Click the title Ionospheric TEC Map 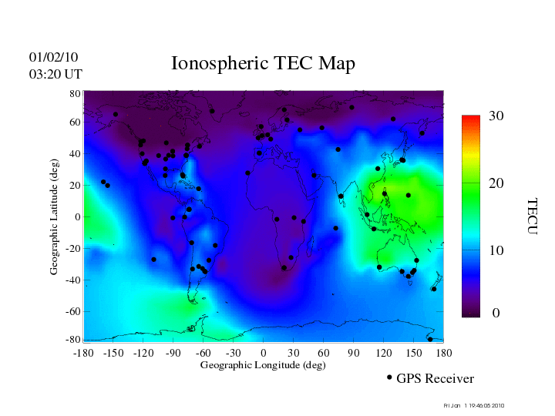(263, 64)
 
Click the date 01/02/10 (53, 57)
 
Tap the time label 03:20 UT (55, 74)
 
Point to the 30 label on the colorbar (496, 116)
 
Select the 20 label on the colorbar (496, 184)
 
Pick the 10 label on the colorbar (496, 250)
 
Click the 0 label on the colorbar (496, 314)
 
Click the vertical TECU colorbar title (532, 216)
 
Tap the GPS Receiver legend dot (389, 377)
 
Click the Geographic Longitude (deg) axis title (263, 365)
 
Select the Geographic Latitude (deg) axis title (54, 223)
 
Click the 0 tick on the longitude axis (263, 353)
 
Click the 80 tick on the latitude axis (76, 93)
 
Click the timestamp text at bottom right (474, 405)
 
